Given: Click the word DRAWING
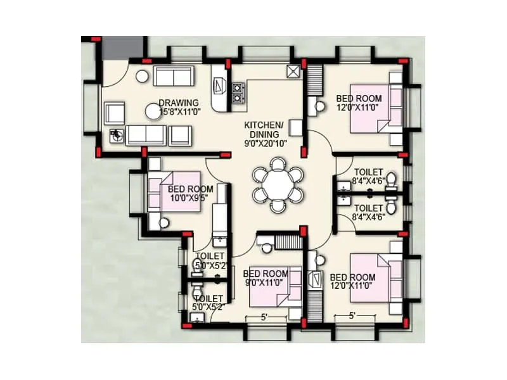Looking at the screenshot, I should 179,103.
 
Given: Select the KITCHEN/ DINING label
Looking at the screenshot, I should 266,130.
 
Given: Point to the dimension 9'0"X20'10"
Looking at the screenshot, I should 266,143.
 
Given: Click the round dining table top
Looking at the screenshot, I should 278,185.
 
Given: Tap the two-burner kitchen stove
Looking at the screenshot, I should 238,93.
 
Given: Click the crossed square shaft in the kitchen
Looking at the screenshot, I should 293,71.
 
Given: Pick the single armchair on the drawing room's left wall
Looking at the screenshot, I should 115,113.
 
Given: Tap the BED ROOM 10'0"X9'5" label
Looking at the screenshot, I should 191,193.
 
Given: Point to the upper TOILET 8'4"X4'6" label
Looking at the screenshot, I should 368,176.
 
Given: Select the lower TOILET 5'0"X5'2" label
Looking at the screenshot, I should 209,302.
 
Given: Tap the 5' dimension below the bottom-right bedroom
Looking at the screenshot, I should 352,315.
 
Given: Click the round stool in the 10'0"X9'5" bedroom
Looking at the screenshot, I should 164,222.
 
